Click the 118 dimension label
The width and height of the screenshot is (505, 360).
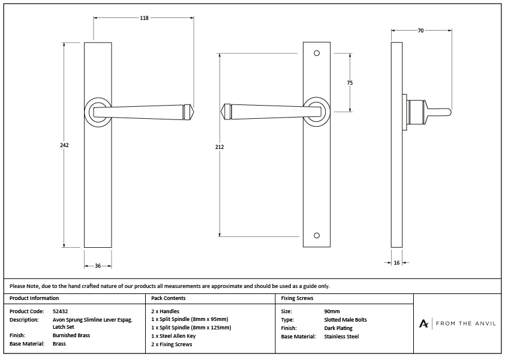click(x=144, y=18)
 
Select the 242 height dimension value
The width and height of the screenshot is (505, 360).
click(x=64, y=145)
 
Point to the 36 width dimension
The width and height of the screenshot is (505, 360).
click(x=97, y=266)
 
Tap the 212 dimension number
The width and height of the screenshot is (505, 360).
click(x=220, y=146)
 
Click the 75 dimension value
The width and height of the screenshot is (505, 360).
click(x=350, y=83)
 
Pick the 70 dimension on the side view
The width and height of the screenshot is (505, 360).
click(x=420, y=30)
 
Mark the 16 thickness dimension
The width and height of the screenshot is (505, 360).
click(x=396, y=262)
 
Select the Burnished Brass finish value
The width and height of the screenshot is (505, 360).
click(x=71, y=335)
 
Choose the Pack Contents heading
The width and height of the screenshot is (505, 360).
click(x=169, y=298)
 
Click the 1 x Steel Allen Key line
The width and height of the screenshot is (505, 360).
click(x=173, y=336)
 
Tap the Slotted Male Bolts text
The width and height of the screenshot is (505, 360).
click(x=345, y=320)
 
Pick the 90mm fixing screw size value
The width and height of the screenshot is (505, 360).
click(x=331, y=311)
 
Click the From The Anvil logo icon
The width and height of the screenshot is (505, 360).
click(x=423, y=323)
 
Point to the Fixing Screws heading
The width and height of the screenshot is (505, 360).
click(x=297, y=298)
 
